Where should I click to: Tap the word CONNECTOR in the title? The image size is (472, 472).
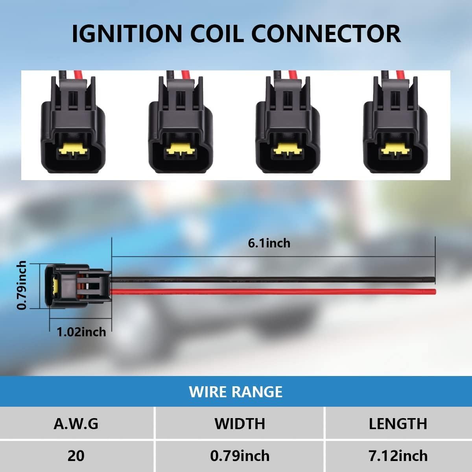326,33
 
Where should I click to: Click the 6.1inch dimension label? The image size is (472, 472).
269,243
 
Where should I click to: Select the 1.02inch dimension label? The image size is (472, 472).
81,332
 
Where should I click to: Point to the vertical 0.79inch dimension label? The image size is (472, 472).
22,285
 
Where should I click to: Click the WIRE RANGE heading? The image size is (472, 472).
236,392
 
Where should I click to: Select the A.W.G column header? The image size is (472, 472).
76,424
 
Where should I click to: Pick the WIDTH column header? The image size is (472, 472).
240,424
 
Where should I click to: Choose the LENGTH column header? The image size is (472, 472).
398,424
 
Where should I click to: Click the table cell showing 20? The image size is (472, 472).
76,456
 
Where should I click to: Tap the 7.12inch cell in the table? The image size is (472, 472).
398,456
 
